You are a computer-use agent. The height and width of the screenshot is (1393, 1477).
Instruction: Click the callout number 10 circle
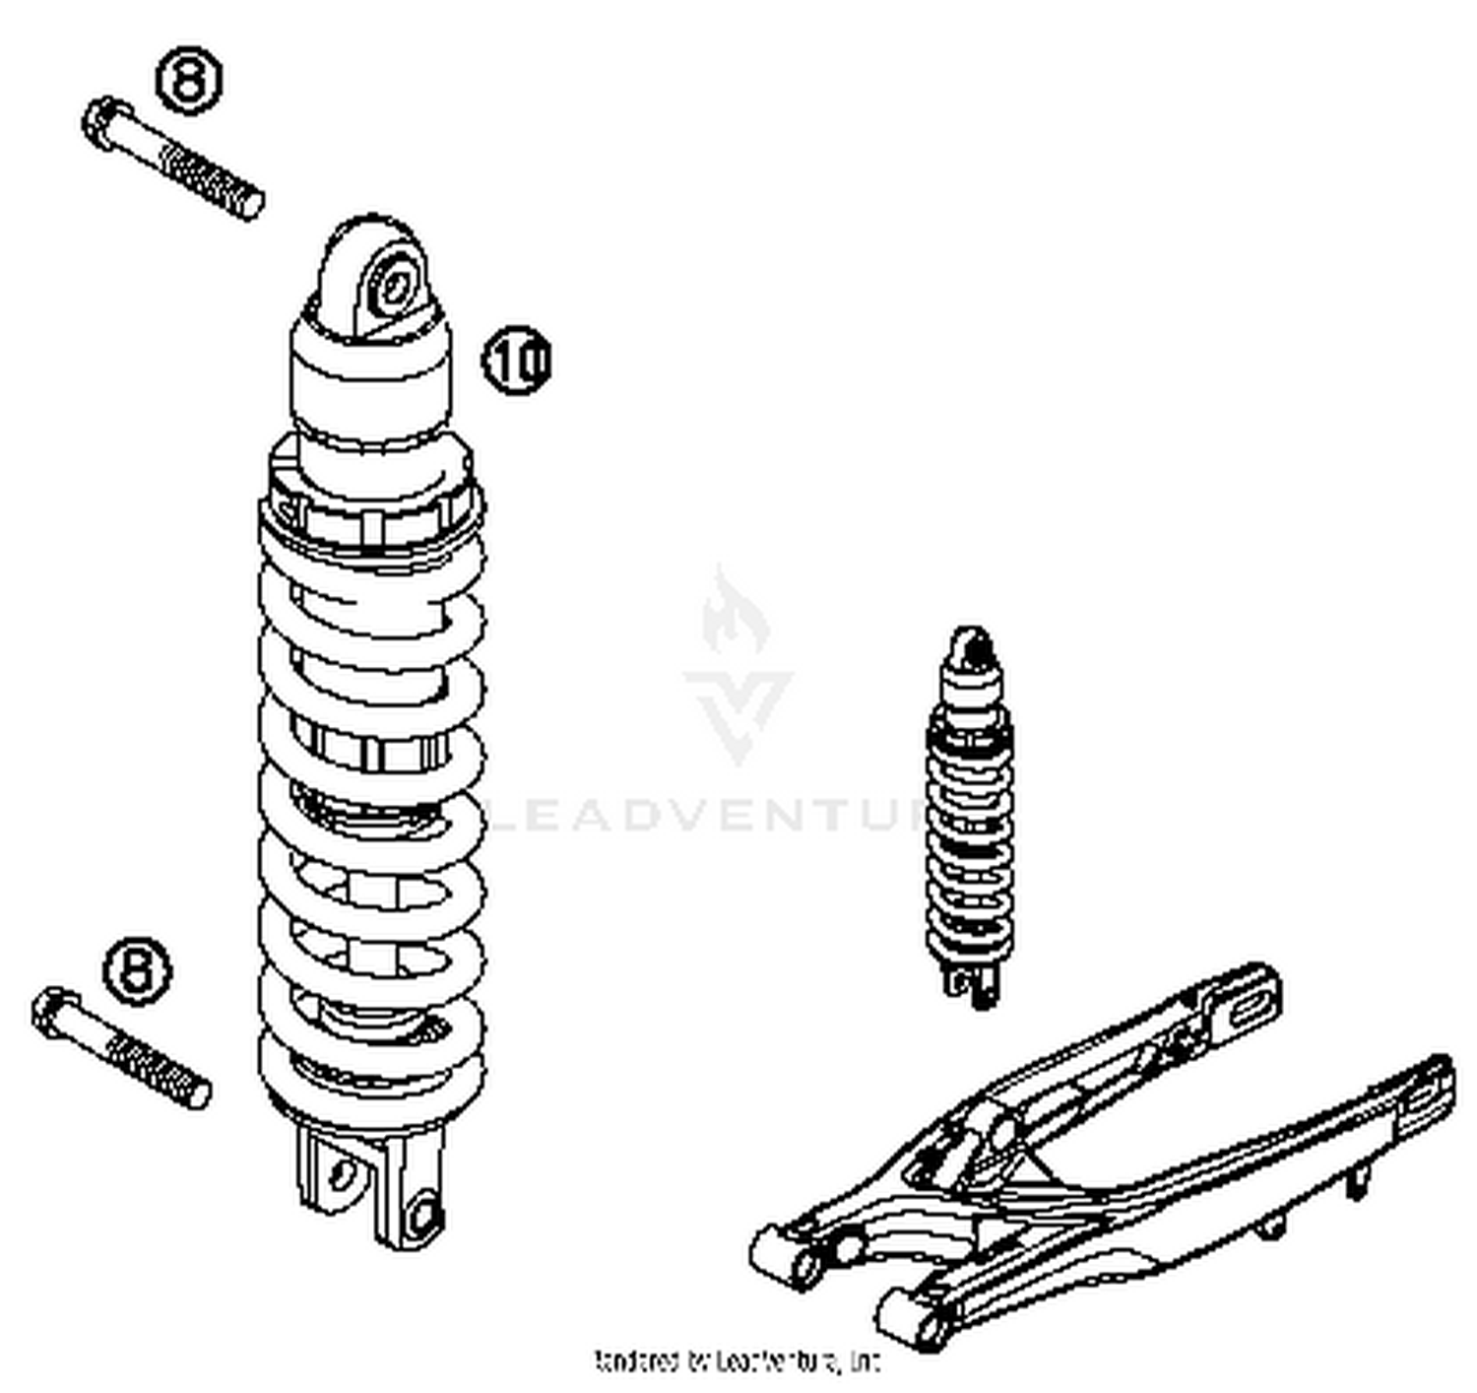coord(517,361)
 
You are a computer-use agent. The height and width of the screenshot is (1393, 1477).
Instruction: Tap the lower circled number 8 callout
coord(138,971)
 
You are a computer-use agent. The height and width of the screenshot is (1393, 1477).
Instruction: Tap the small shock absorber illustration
coord(970,818)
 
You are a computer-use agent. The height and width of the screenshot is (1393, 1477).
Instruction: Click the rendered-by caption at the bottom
coord(737,1362)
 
